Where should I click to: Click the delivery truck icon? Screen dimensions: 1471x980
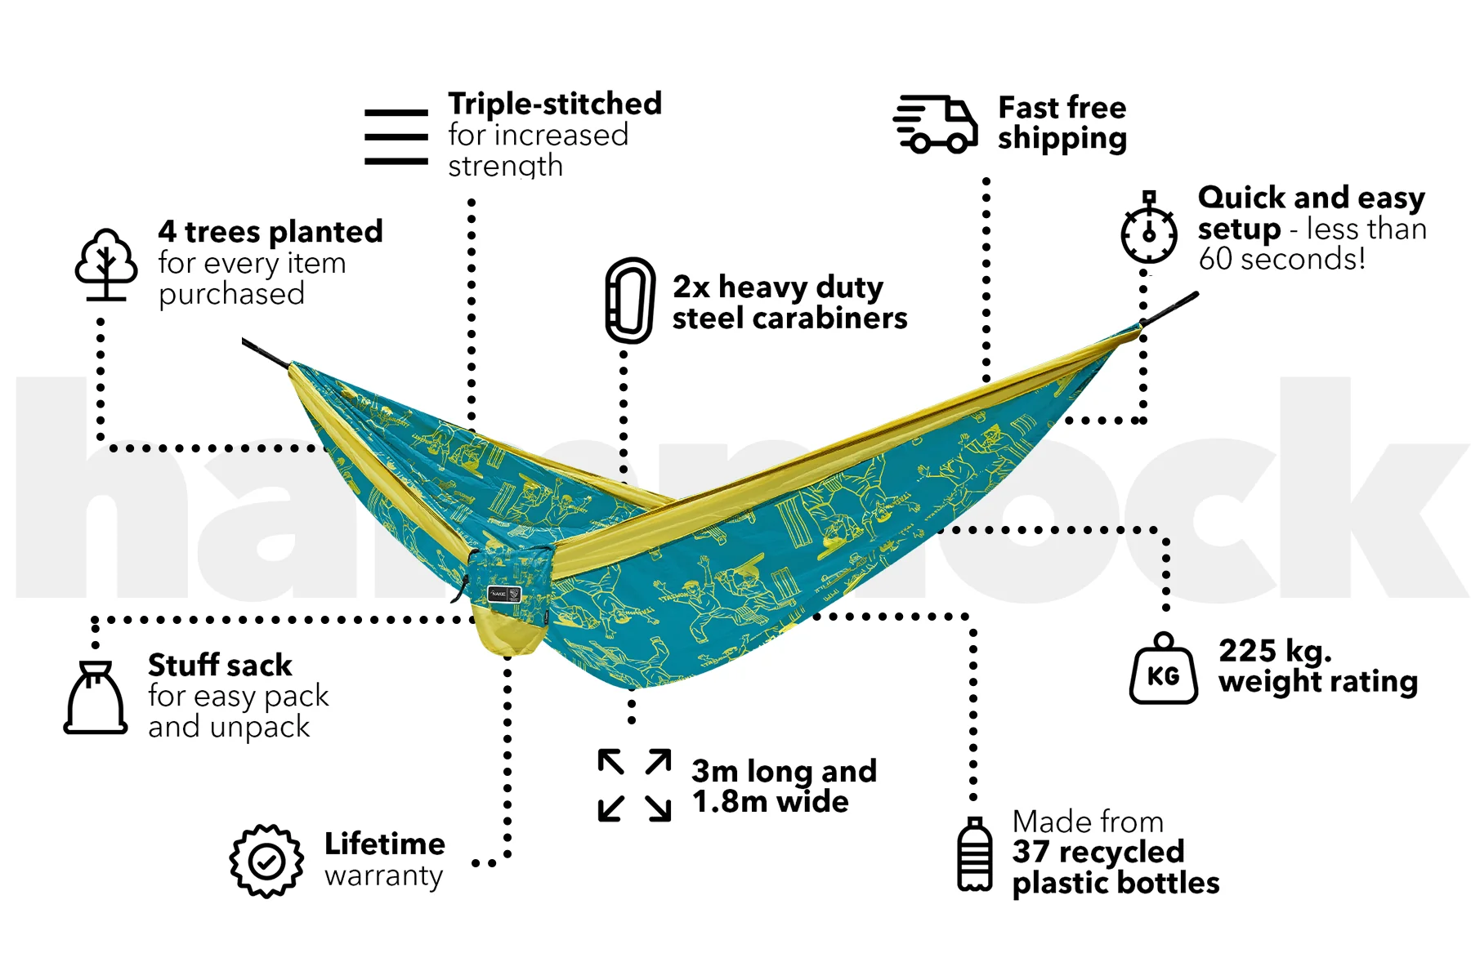935,124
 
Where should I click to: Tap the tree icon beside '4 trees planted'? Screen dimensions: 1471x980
106,264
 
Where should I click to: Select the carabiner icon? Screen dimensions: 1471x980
629,300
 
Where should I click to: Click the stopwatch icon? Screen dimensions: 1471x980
1149,228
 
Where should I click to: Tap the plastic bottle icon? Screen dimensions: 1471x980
974,854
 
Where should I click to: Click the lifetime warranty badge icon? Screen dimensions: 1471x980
266,861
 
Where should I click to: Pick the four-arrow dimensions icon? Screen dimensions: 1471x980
634,785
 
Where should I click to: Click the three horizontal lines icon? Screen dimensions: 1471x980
396,137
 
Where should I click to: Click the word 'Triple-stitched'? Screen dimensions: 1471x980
555,104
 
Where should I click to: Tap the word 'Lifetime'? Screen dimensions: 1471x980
385,844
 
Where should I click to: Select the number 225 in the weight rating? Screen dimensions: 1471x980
1247,651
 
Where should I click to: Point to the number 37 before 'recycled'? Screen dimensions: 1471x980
1031,852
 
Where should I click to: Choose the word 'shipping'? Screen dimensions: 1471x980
1062,139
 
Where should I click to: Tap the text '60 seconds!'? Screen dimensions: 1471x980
1282,259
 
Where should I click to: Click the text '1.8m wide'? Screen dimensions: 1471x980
771,802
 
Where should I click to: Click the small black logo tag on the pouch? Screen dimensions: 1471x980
504,594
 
